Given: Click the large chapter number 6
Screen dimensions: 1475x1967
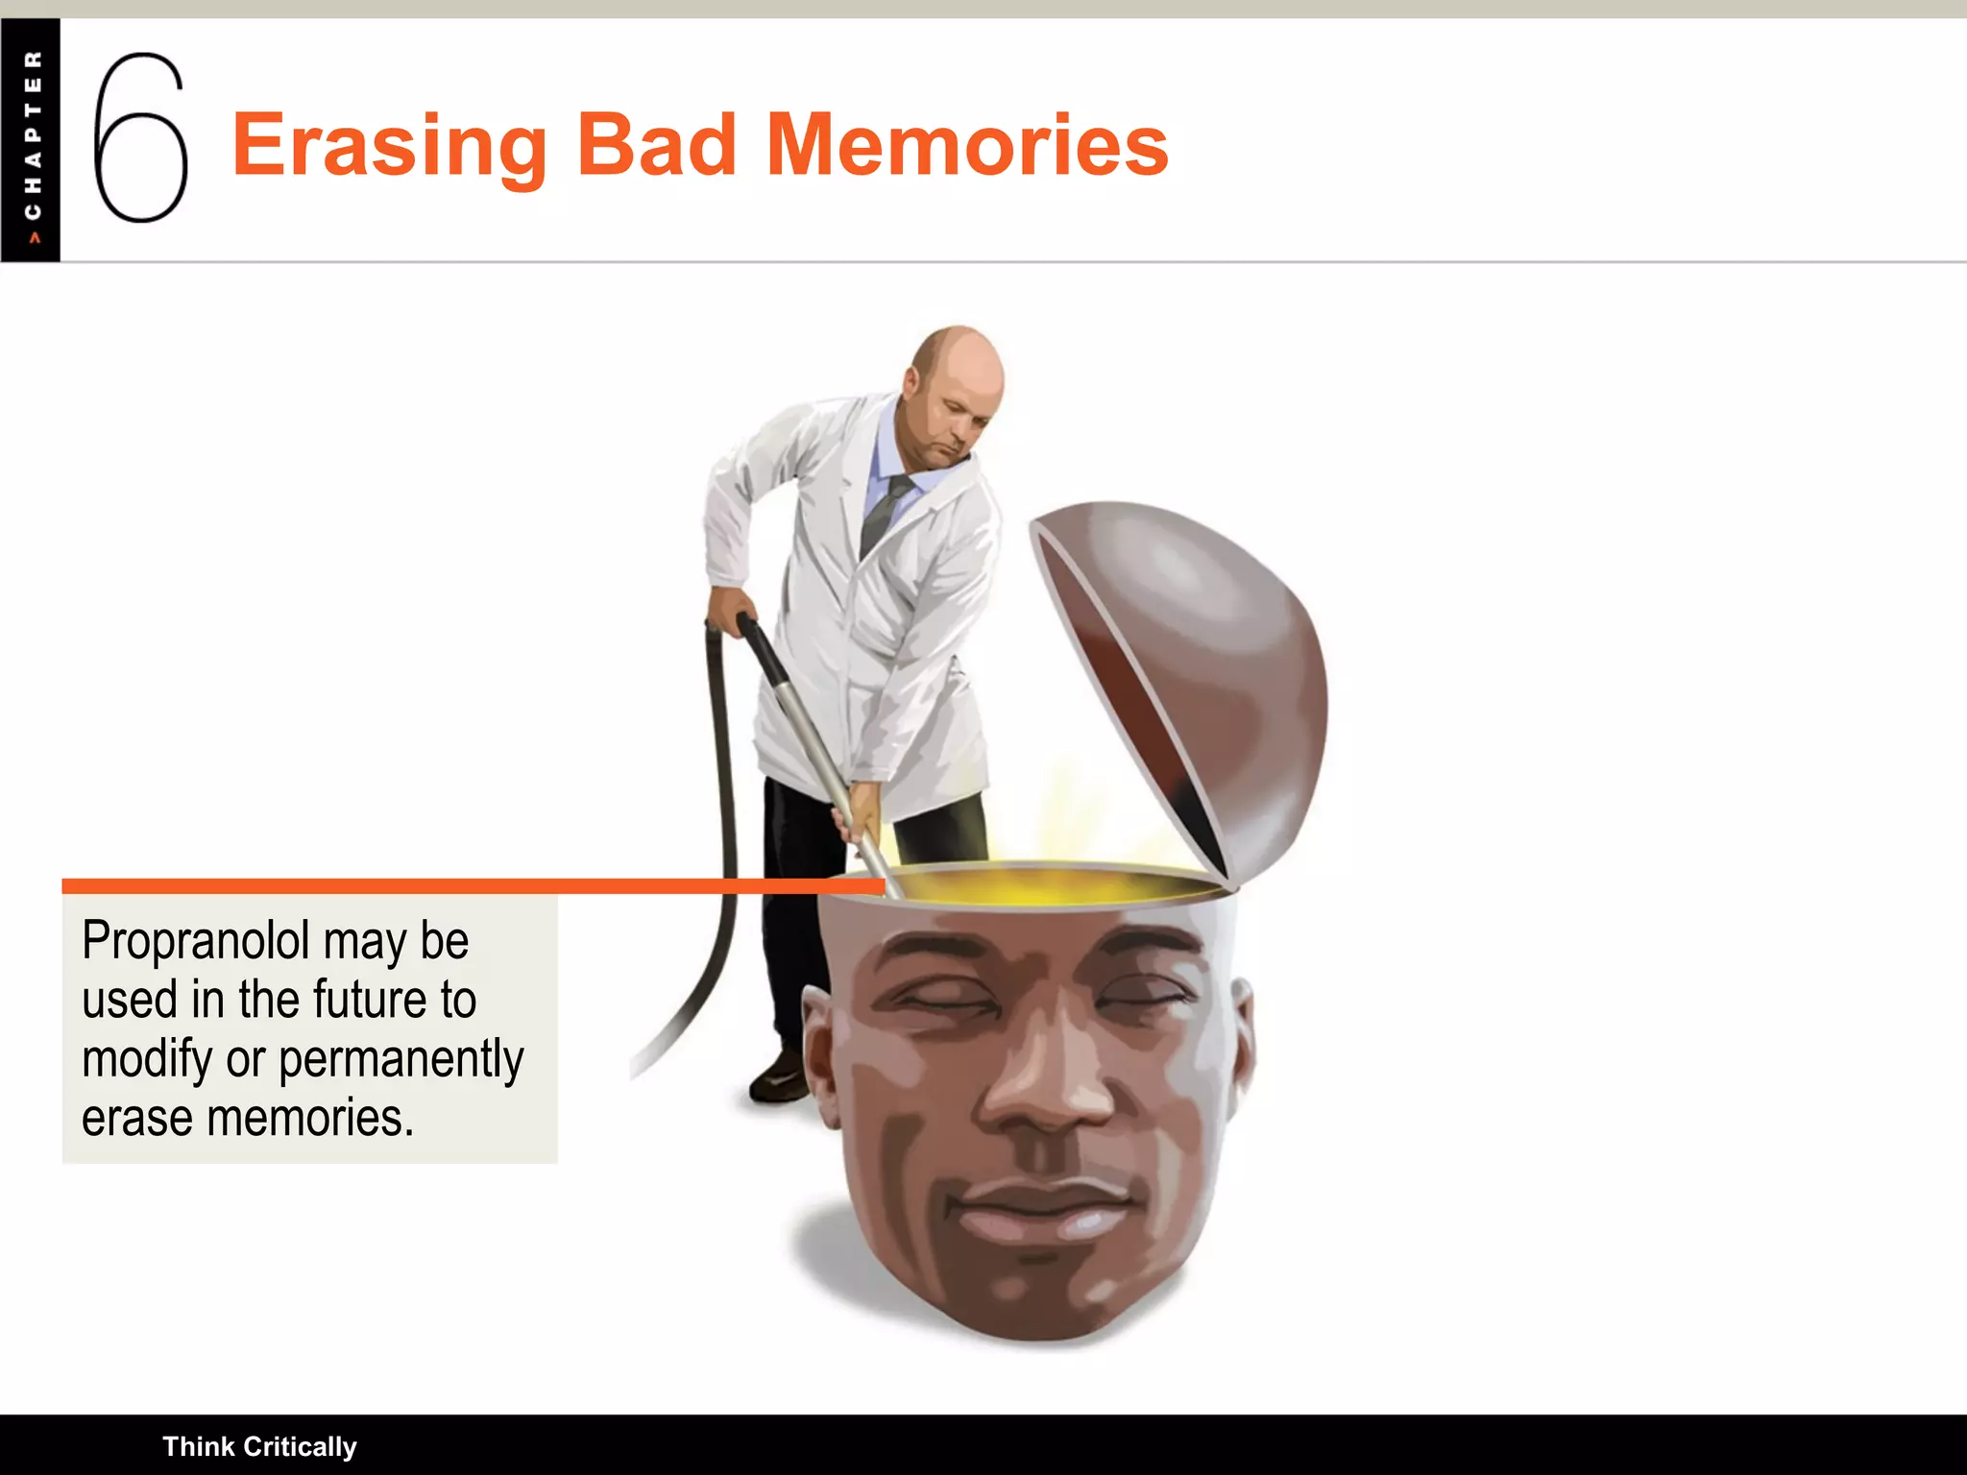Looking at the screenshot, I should click(x=140, y=139).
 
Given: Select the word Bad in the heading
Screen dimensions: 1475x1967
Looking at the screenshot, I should click(x=656, y=146).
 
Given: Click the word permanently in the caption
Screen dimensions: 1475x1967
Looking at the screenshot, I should click(x=401, y=1060).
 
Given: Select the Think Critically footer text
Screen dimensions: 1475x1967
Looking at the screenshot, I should click(x=259, y=1446).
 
